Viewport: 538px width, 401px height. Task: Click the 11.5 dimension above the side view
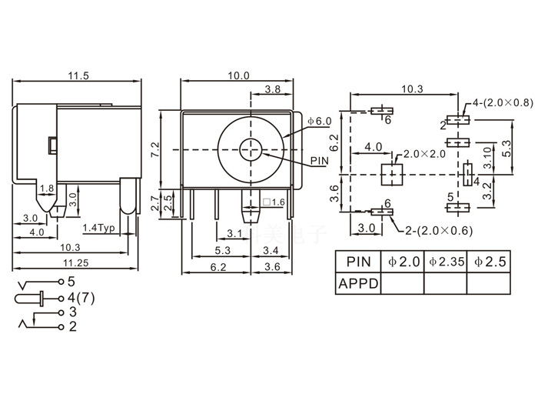[x=78, y=75]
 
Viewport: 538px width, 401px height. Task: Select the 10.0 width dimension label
[x=238, y=75]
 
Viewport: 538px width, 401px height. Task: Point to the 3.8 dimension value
[x=272, y=89]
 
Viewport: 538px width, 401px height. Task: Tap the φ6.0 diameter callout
[x=319, y=122]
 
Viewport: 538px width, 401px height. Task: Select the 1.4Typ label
[x=98, y=229]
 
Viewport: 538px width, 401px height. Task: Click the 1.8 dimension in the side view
[x=46, y=189]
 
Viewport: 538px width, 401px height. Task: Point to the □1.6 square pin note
[x=274, y=202]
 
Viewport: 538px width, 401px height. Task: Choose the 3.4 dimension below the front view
[x=271, y=250]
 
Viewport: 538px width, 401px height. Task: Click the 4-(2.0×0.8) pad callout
[x=503, y=102]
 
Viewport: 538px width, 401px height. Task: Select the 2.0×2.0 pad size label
[x=424, y=154]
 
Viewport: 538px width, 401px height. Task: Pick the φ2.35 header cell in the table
[x=445, y=262]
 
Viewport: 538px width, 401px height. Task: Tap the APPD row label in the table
[x=358, y=283]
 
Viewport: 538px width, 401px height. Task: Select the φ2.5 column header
[x=490, y=262]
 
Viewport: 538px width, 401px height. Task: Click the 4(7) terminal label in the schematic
[x=81, y=298]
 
